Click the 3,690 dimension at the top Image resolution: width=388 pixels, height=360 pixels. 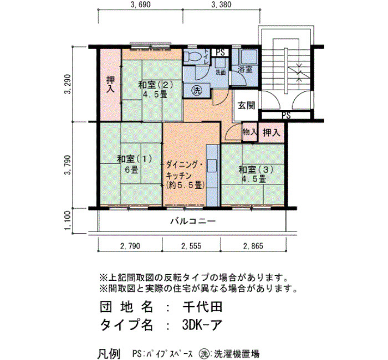click(140, 4)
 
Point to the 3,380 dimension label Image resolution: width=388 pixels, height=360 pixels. click(222, 4)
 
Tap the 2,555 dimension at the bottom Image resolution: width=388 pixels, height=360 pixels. click(191, 246)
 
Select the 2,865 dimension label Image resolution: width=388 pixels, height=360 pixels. click(253, 246)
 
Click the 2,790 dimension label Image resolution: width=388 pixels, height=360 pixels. click(130, 246)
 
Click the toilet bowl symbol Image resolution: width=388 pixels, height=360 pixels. click(192, 56)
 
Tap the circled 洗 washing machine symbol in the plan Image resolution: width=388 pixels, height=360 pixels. click(197, 90)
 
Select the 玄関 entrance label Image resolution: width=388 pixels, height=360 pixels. click(246, 105)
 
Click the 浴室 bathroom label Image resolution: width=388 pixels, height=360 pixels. click(245, 69)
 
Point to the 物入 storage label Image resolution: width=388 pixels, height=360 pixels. click(250, 132)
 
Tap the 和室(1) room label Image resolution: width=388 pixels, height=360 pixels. click(134, 159)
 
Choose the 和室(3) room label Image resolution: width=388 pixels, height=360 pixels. click(256, 169)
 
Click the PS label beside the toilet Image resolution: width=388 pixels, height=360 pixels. click(220, 53)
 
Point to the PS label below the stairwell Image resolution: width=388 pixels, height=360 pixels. click(286, 115)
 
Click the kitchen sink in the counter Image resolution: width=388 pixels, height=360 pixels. click(212, 166)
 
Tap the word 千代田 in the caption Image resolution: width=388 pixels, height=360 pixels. click(202, 307)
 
